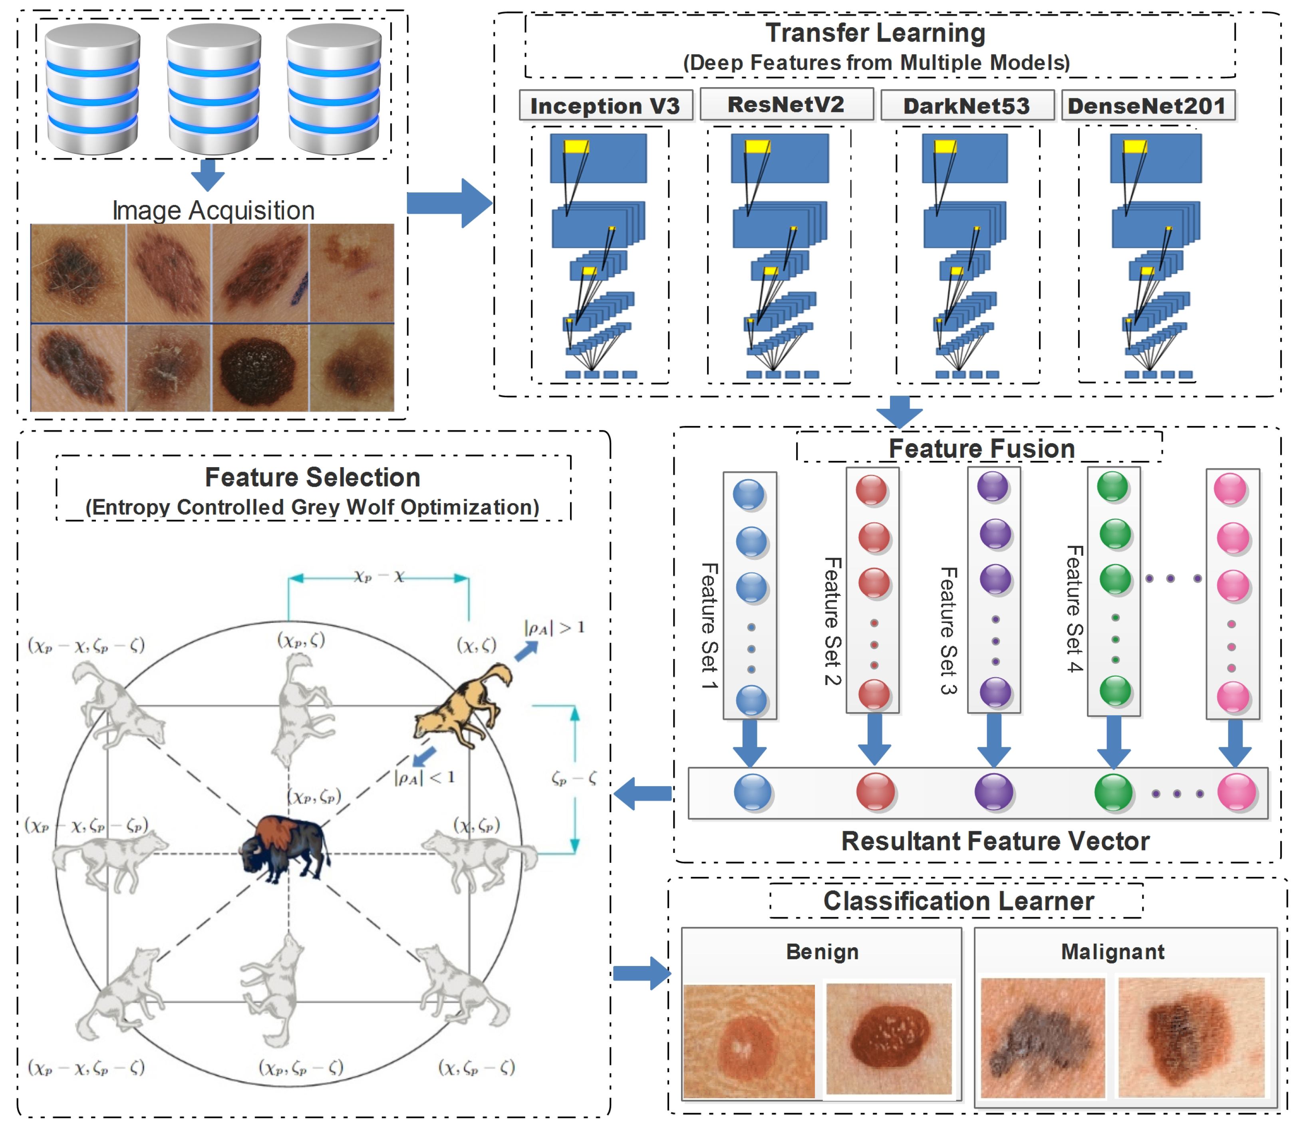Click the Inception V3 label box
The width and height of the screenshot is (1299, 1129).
coord(605,105)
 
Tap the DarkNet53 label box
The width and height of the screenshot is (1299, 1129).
coord(967,105)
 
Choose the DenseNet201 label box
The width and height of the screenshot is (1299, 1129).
coord(1147,105)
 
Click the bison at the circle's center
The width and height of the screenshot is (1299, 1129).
coord(285,847)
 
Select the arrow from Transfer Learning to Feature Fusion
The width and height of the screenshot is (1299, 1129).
coord(899,411)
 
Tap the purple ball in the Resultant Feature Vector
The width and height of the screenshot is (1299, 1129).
coord(993,792)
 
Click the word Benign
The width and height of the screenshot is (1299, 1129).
coord(822,951)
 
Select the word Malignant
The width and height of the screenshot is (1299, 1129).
coord(1112,951)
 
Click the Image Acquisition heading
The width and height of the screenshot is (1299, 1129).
coord(213,211)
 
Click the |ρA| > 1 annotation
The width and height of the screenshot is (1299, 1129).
coord(554,627)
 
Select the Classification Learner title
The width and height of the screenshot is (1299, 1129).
coord(958,901)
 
